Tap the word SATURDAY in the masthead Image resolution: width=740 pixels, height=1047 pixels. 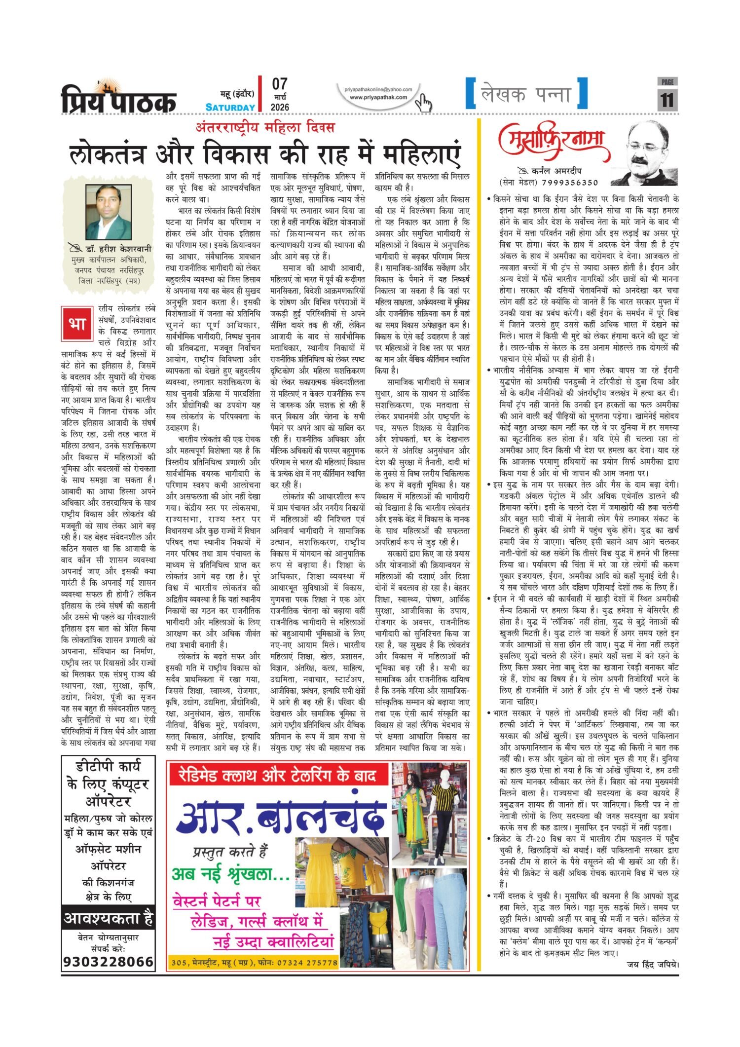[230, 107]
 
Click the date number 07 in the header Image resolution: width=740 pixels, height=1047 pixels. [279, 84]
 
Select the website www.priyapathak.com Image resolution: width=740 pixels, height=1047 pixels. [378, 97]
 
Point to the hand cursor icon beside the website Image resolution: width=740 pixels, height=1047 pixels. [423, 103]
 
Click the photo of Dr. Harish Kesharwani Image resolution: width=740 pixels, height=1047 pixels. [108, 212]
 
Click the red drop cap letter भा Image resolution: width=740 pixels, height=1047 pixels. [77, 323]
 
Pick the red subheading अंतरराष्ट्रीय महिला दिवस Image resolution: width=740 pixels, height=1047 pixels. [265, 128]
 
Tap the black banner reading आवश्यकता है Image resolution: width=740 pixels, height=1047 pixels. [108, 919]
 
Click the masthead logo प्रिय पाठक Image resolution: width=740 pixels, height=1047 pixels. [118, 99]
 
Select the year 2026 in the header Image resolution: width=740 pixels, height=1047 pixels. [280, 107]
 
